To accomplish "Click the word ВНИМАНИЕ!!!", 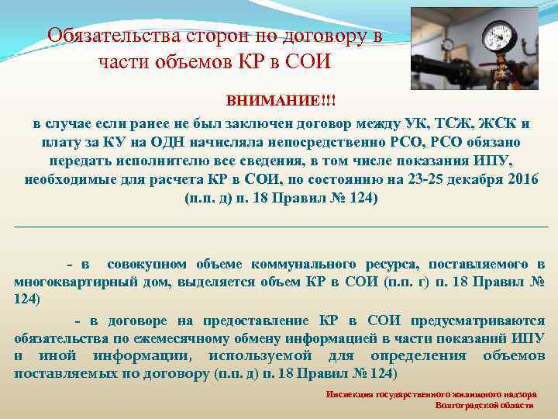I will click(x=281, y=102).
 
